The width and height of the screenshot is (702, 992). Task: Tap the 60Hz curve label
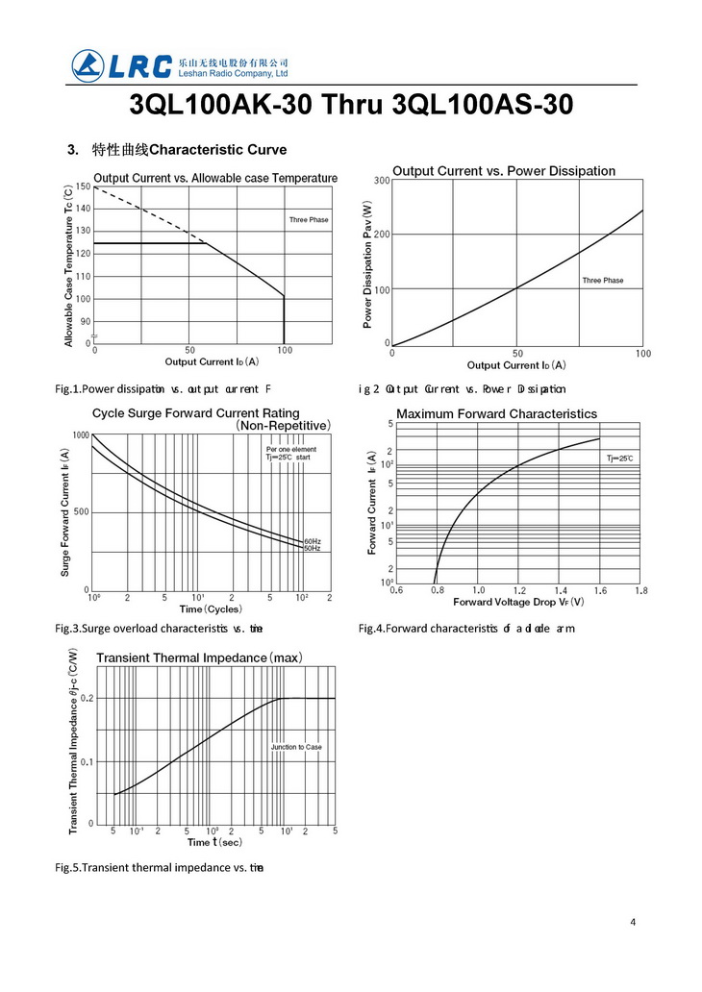point(313,541)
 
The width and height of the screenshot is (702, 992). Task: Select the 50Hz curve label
point(313,548)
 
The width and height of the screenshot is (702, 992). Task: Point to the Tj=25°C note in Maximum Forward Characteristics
point(619,459)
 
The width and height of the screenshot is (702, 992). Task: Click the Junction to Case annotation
point(296,747)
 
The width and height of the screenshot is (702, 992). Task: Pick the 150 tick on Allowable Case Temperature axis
point(85,186)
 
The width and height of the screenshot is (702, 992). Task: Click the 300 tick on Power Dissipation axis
point(382,181)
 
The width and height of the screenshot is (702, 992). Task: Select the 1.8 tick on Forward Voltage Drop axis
point(642,590)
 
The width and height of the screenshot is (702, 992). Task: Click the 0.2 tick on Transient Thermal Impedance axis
point(87,699)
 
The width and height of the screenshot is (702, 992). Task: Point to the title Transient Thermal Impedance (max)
point(199,657)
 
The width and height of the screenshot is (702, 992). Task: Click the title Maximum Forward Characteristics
point(496,414)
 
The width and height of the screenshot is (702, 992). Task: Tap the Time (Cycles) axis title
point(211,608)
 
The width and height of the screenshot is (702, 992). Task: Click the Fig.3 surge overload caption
point(160,629)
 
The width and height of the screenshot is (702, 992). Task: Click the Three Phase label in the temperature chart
point(309,220)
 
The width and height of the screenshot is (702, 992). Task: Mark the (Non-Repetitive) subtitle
point(284,425)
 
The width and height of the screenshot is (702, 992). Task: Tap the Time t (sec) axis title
point(214,842)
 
